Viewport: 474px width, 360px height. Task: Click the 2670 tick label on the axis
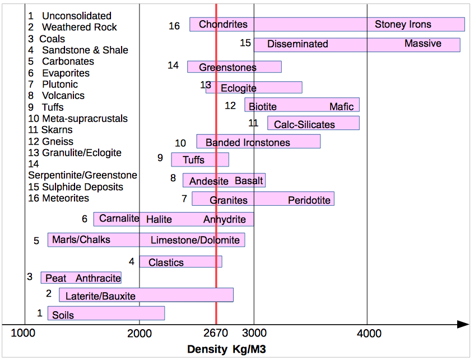click(x=216, y=334)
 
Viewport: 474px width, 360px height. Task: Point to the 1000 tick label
click(x=24, y=334)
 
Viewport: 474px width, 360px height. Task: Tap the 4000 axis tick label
click(x=369, y=334)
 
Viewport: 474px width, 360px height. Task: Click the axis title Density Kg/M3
click(x=226, y=349)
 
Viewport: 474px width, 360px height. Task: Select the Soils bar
click(x=106, y=313)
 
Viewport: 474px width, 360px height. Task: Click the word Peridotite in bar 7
click(x=309, y=200)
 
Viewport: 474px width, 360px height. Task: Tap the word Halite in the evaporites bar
click(x=159, y=219)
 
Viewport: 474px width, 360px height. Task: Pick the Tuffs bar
click(x=200, y=160)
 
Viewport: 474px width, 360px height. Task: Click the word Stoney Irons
click(x=403, y=25)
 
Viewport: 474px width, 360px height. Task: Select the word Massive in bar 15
click(x=422, y=44)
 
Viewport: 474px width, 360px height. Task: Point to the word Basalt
click(x=249, y=181)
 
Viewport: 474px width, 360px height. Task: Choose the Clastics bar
click(x=180, y=262)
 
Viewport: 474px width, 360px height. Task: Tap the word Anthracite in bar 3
click(x=98, y=278)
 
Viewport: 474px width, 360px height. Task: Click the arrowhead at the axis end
click(x=463, y=324)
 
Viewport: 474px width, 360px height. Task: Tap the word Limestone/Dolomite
click(x=195, y=241)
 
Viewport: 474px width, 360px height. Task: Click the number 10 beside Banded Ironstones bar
click(x=180, y=144)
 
